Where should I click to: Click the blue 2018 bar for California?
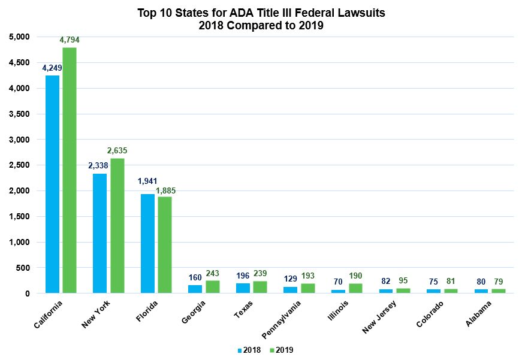point(53,184)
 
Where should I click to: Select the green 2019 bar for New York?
point(117,225)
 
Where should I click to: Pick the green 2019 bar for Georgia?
point(213,286)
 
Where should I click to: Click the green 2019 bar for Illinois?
point(355,288)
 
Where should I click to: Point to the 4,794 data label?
point(70,40)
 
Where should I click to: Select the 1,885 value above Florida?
point(165,190)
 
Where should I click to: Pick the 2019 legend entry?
point(280,350)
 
